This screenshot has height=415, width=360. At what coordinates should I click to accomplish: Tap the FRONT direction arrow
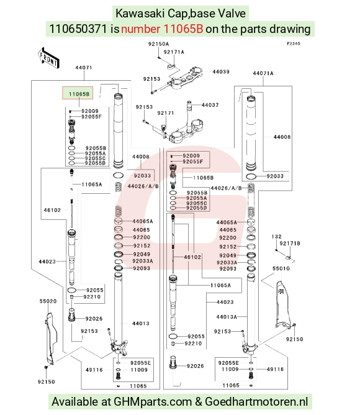pyautogui.click(x=48, y=58)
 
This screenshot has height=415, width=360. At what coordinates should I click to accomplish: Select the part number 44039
pyautogui.click(x=221, y=71)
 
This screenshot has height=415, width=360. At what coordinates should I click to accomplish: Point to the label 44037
pyautogui.click(x=210, y=105)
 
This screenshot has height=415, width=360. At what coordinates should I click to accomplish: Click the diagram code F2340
pyautogui.click(x=294, y=43)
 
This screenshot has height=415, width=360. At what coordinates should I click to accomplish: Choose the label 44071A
pyautogui.click(x=263, y=73)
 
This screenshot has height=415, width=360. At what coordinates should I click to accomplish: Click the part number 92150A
pyautogui.click(x=158, y=44)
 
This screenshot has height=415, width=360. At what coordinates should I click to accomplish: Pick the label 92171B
pyautogui.click(x=290, y=244)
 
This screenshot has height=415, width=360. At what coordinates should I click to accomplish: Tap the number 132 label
pyautogui.click(x=276, y=237)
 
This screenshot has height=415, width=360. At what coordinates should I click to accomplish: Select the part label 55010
pyautogui.click(x=281, y=268)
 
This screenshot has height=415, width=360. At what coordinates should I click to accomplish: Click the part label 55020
pyautogui.click(x=48, y=301)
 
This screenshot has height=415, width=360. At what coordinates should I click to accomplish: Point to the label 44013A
pyautogui.click(x=227, y=317)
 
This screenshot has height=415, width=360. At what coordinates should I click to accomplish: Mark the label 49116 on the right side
pyautogui.click(x=275, y=369)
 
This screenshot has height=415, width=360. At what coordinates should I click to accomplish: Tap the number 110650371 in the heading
pyautogui.click(x=78, y=29)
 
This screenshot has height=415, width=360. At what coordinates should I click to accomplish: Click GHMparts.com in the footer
pyautogui.click(x=153, y=402)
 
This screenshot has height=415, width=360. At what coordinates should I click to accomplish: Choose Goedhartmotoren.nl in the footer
pyautogui.click(x=256, y=402)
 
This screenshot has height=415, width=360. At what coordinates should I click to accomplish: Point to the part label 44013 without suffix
pyautogui.click(x=141, y=324)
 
